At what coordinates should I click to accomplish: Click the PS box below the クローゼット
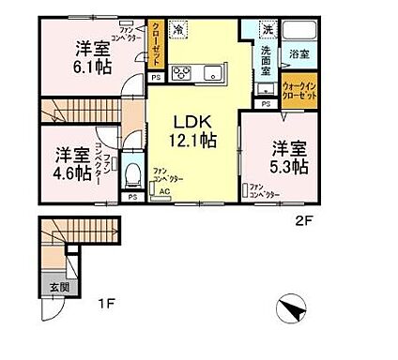pyautogui.click(x=154, y=79)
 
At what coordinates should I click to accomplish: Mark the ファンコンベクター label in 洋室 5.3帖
pyautogui.click(x=266, y=190)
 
